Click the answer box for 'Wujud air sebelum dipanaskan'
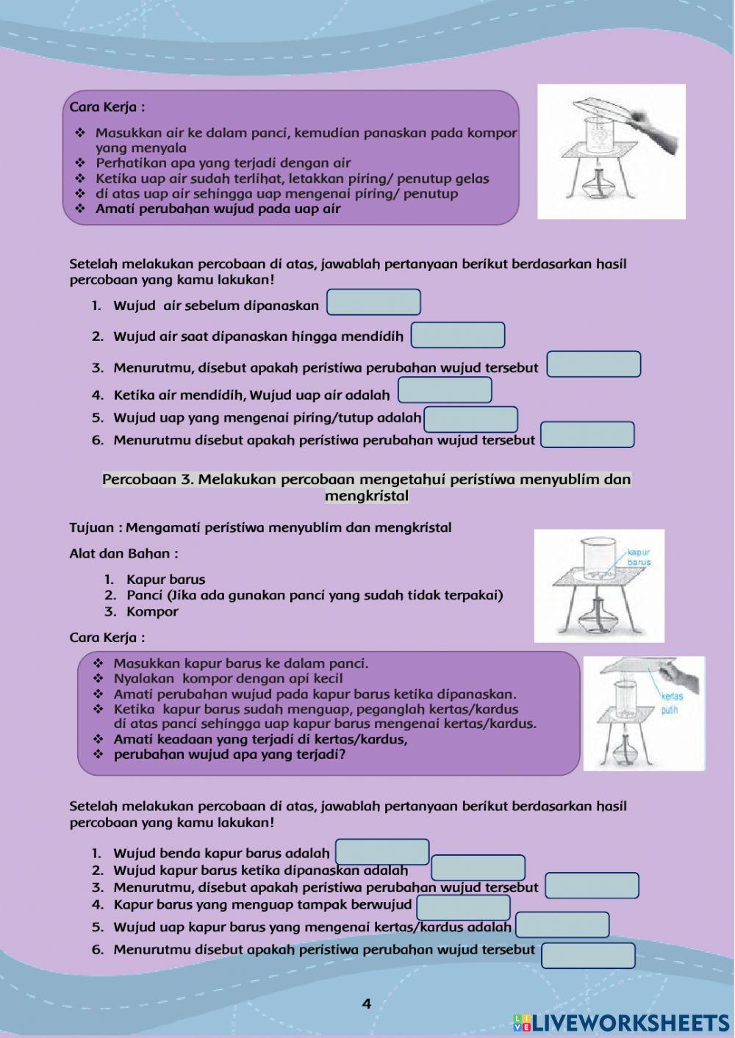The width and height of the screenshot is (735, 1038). click(373, 303)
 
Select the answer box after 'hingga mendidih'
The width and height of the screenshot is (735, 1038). click(457, 335)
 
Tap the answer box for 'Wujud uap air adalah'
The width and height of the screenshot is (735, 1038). click(445, 391)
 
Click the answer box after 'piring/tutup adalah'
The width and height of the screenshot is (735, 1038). click(470, 419)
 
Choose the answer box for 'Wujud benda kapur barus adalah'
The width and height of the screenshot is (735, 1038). click(382, 852)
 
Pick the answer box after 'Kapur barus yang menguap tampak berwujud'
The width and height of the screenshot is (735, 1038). click(463, 907)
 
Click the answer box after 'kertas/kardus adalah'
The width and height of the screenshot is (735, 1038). click(562, 925)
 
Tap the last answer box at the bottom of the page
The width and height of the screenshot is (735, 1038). click(588, 956)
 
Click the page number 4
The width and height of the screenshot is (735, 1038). click(367, 1003)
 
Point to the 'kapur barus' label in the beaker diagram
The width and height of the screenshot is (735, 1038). click(639, 557)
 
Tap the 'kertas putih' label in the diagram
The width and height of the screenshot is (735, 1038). click(670, 703)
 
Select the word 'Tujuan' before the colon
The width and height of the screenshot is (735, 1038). click(92, 527)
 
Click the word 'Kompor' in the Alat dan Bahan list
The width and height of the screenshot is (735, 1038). click(152, 611)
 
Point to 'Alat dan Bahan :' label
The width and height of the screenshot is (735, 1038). click(123, 553)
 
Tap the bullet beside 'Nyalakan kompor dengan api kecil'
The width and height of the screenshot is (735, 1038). click(98, 679)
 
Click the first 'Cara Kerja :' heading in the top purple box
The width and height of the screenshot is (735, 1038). click(107, 107)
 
